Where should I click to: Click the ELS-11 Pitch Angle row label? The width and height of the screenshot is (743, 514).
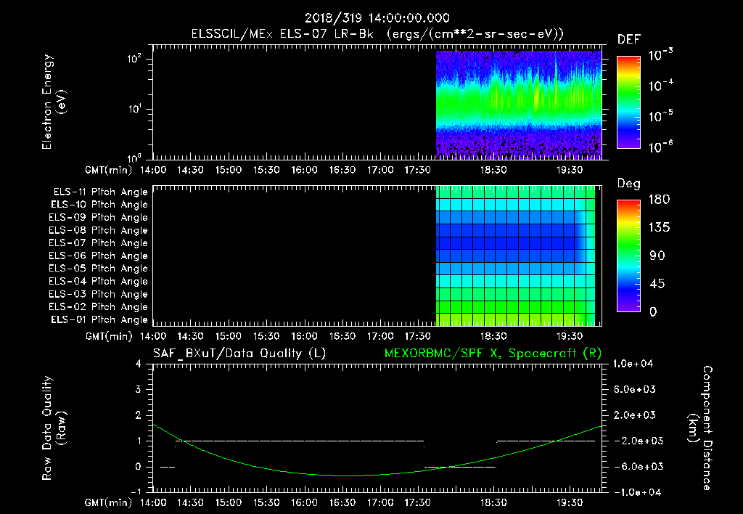coord(100,192)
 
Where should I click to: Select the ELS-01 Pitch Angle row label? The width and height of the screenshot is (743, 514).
coord(100,319)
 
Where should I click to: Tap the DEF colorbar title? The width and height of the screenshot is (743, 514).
coord(628,39)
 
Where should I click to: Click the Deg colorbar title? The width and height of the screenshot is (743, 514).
coord(628,184)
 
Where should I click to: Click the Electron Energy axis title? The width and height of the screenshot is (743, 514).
coord(54,102)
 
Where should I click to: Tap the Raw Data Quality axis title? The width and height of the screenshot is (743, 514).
coord(54,428)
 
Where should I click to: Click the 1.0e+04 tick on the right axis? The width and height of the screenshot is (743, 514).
coord(635,363)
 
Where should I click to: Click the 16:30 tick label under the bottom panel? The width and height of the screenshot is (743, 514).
coord(342,502)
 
